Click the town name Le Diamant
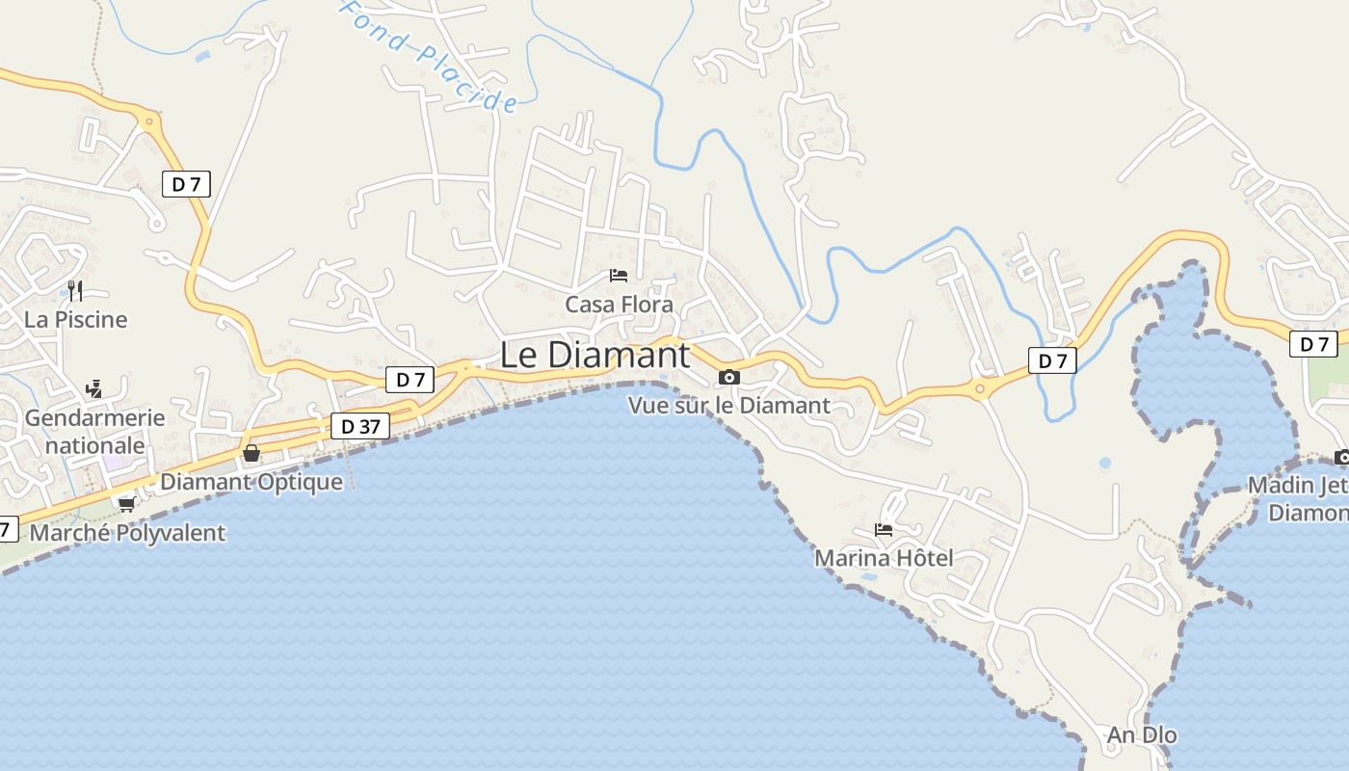point(595,355)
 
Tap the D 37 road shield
point(360,426)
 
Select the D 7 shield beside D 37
point(410,380)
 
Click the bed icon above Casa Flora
point(619,276)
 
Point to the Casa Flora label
point(619,305)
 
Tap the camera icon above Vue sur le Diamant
point(729,377)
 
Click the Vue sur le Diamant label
point(728,406)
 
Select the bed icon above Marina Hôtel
point(883,529)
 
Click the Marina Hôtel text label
point(884,558)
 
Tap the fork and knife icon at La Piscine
point(75,290)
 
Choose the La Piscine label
point(75,319)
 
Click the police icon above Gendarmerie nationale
point(93,389)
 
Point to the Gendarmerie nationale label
point(94,432)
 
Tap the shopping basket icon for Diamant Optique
point(251,453)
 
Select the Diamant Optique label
point(251,482)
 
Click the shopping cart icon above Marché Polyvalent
point(126,504)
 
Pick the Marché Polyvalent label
point(127,533)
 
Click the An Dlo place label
point(1142,735)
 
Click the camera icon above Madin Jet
point(1342,457)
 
